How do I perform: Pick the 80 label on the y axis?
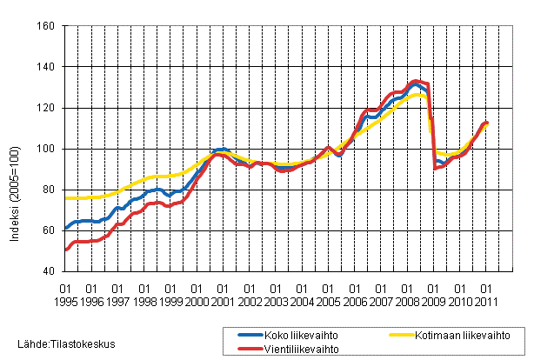[49, 190]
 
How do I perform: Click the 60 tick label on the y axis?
[49, 230]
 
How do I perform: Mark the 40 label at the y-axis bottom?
[49, 271]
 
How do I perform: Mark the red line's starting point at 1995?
[65, 250]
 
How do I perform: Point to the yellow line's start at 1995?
[65, 197]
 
